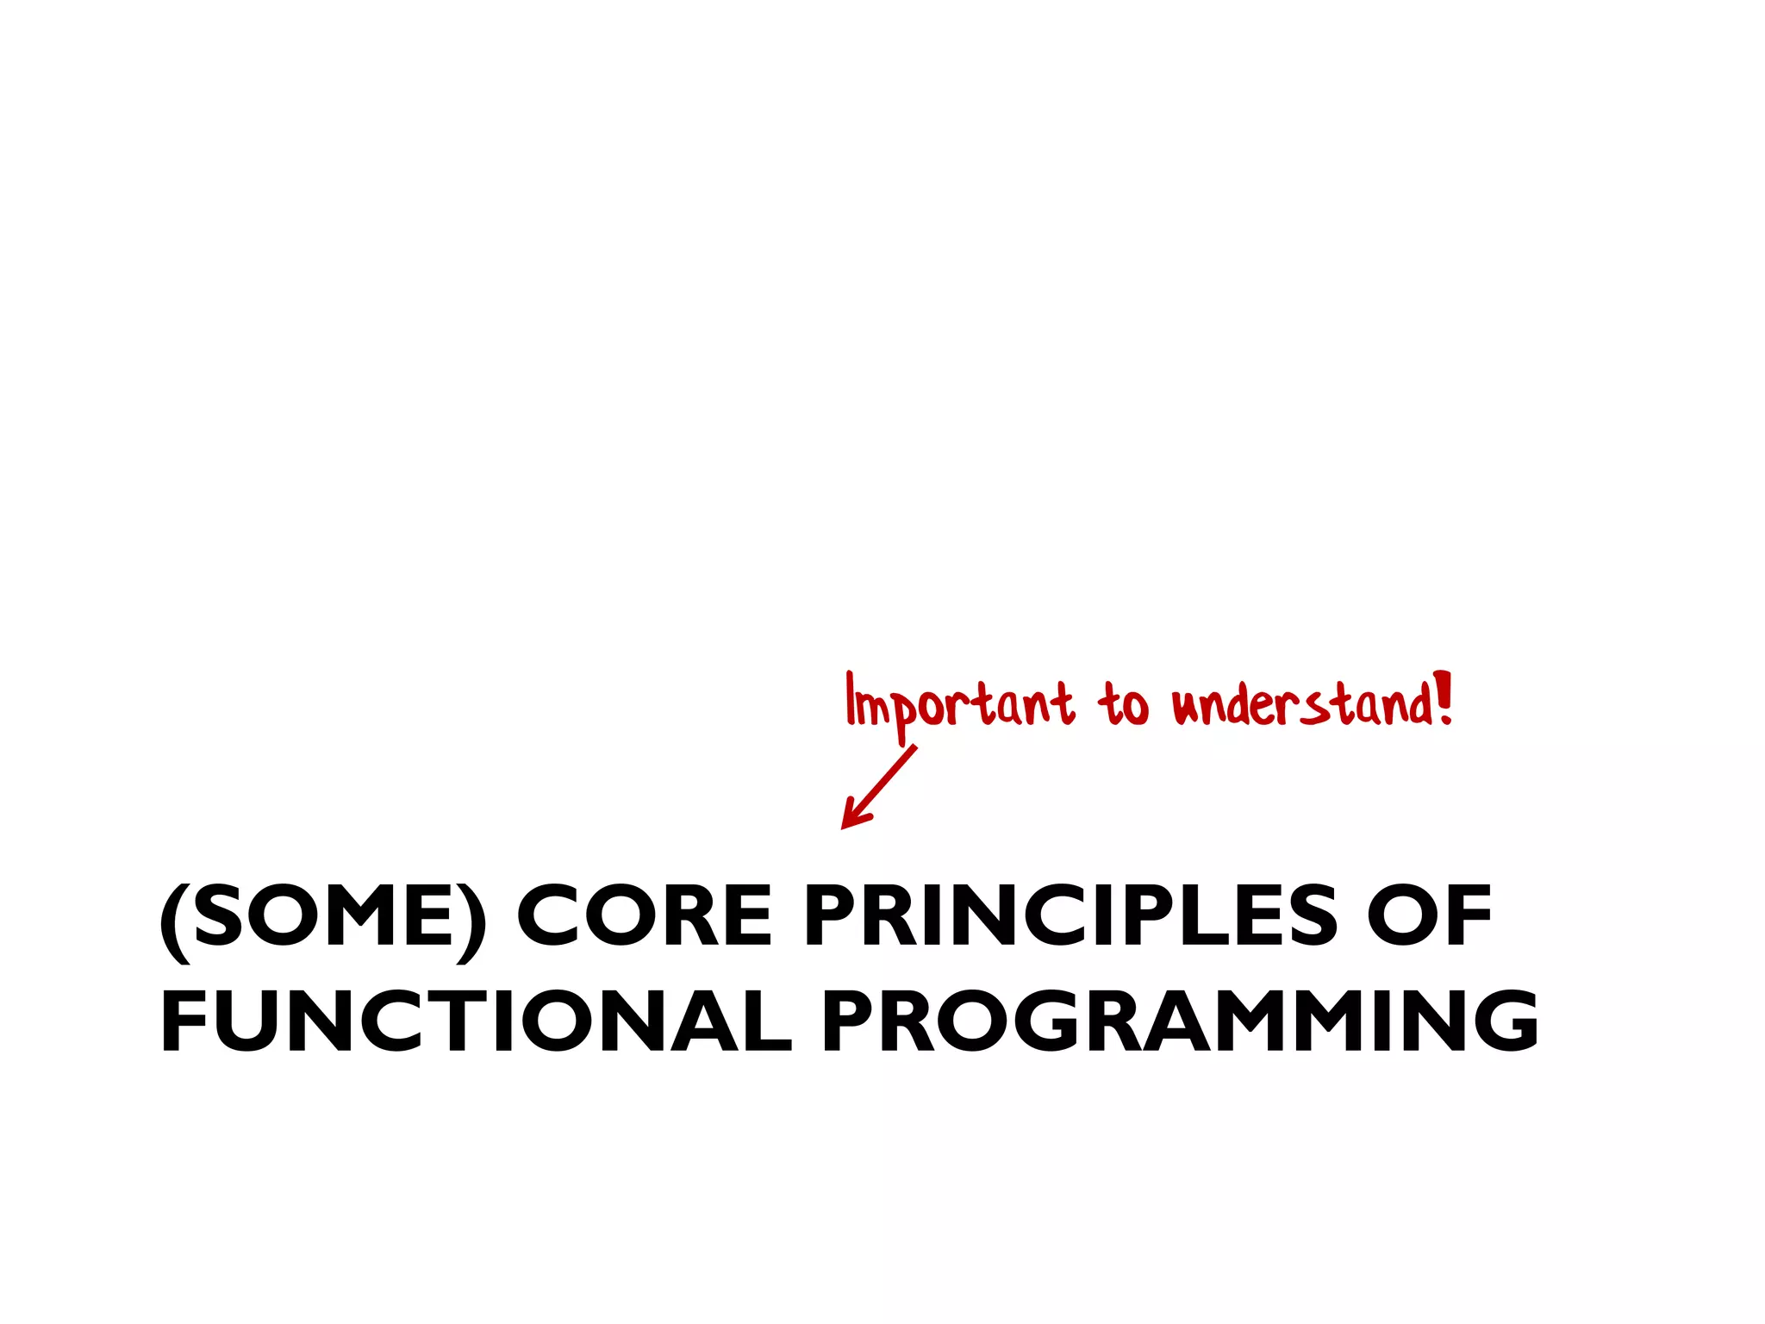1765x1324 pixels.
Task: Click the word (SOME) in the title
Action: pyautogui.click(x=323, y=916)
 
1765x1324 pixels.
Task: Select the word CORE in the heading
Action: pyautogui.click(x=644, y=916)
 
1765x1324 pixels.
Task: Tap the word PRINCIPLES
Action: pyautogui.click(x=1070, y=916)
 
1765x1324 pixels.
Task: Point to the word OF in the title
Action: pyautogui.click(x=1429, y=916)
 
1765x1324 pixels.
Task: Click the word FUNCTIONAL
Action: pyautogui.click(x=475, y=1021)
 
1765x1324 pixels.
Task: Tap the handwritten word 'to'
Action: pyautogui.click(x=1123, y=705)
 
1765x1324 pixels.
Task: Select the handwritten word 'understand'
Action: pyautogui.click(x=1301, y=705)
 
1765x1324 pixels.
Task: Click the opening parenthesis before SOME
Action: pyautogui.click(x=175, y=922)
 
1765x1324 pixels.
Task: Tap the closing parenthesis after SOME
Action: pyautogui.click(x=471, y=922)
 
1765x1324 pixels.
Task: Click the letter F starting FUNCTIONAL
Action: pyautogui.click(x=182, y=1021)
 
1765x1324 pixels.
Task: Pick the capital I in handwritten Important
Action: pyautogui.click(x=851, y=698)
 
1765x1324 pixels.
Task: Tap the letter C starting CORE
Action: pyautogui.click(x=546, y=916)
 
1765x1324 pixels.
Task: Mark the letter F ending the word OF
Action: pyautogui.click(x=1470, y=916)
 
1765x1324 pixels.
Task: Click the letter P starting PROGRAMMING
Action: pyautogui.click(x=847, y=1021)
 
